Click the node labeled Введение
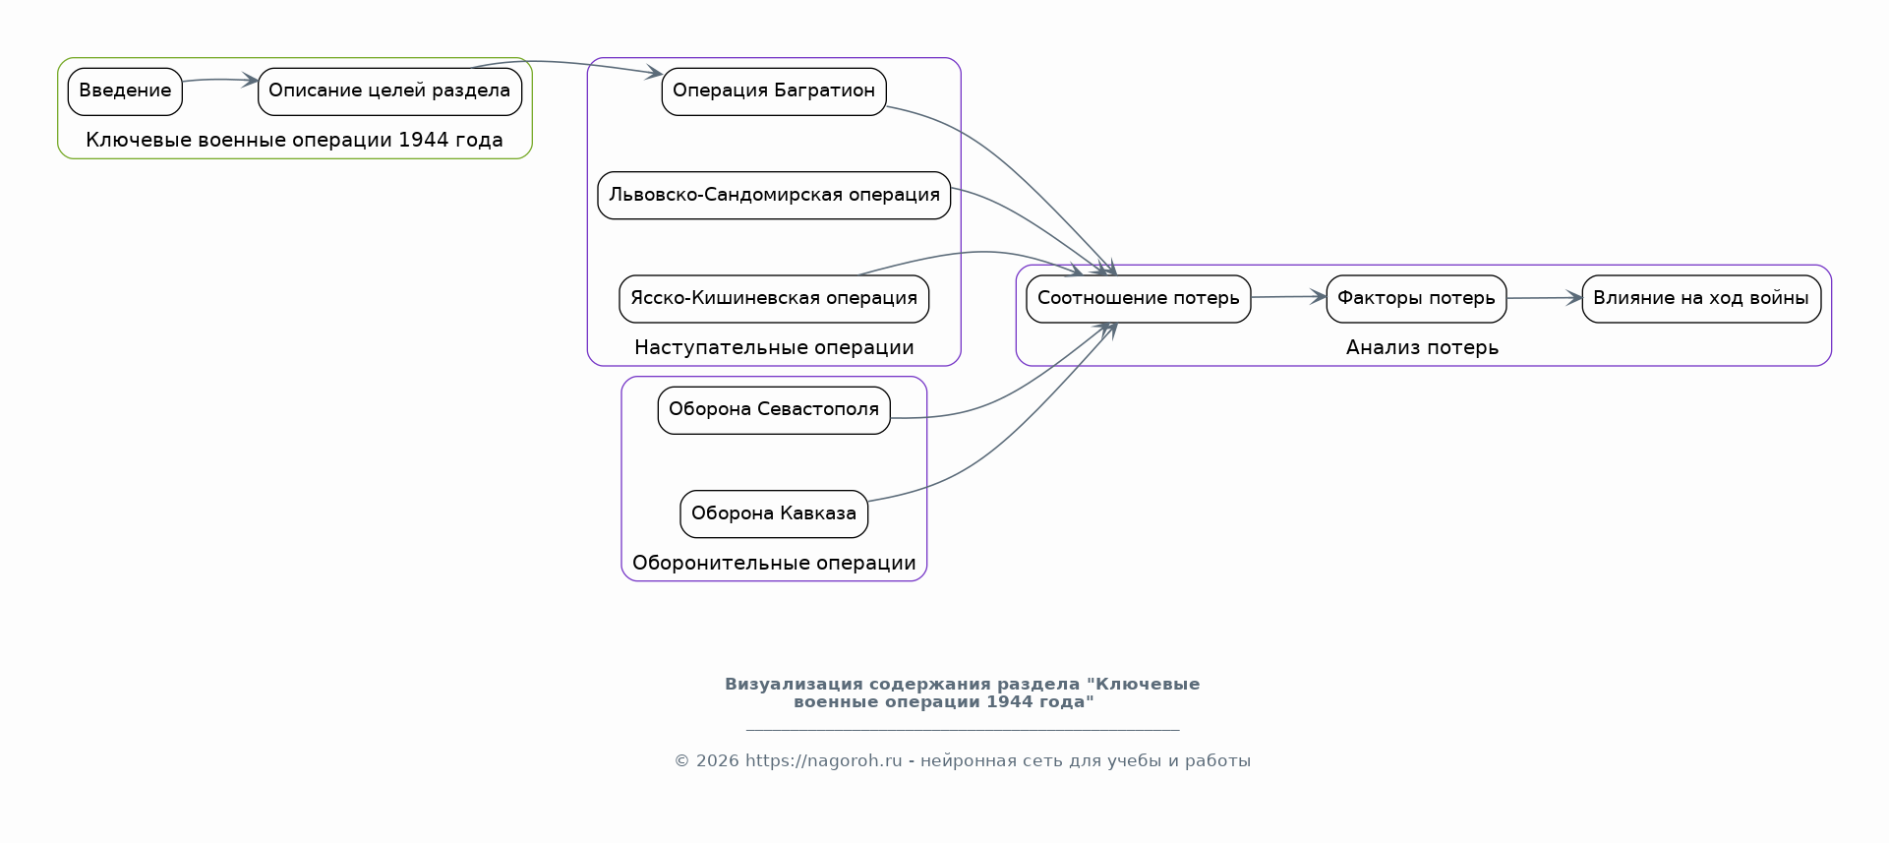tap(125, 91)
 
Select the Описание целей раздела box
tap(389, 91)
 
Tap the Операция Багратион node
tap(774, 91)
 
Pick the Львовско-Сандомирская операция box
tap(774, 195)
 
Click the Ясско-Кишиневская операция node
tap(774, 298)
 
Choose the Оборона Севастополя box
tap(774, 410)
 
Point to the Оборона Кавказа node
tap(774, 513)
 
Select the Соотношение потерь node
tap(1138, 298)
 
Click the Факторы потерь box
tap(1416, 298)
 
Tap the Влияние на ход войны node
tap(1701, 298)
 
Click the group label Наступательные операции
tap(774, 348)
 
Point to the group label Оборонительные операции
tap(774, 564)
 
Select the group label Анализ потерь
tap(1422, 348)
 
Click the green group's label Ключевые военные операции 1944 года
tap(294, 141)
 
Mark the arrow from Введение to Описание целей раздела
tap(219, 80)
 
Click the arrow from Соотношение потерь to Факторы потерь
tap(1288, 297)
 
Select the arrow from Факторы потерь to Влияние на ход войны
tap(1544, 298)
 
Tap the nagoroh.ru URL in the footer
tap(823, 761)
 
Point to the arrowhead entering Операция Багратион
tap(654, 73)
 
